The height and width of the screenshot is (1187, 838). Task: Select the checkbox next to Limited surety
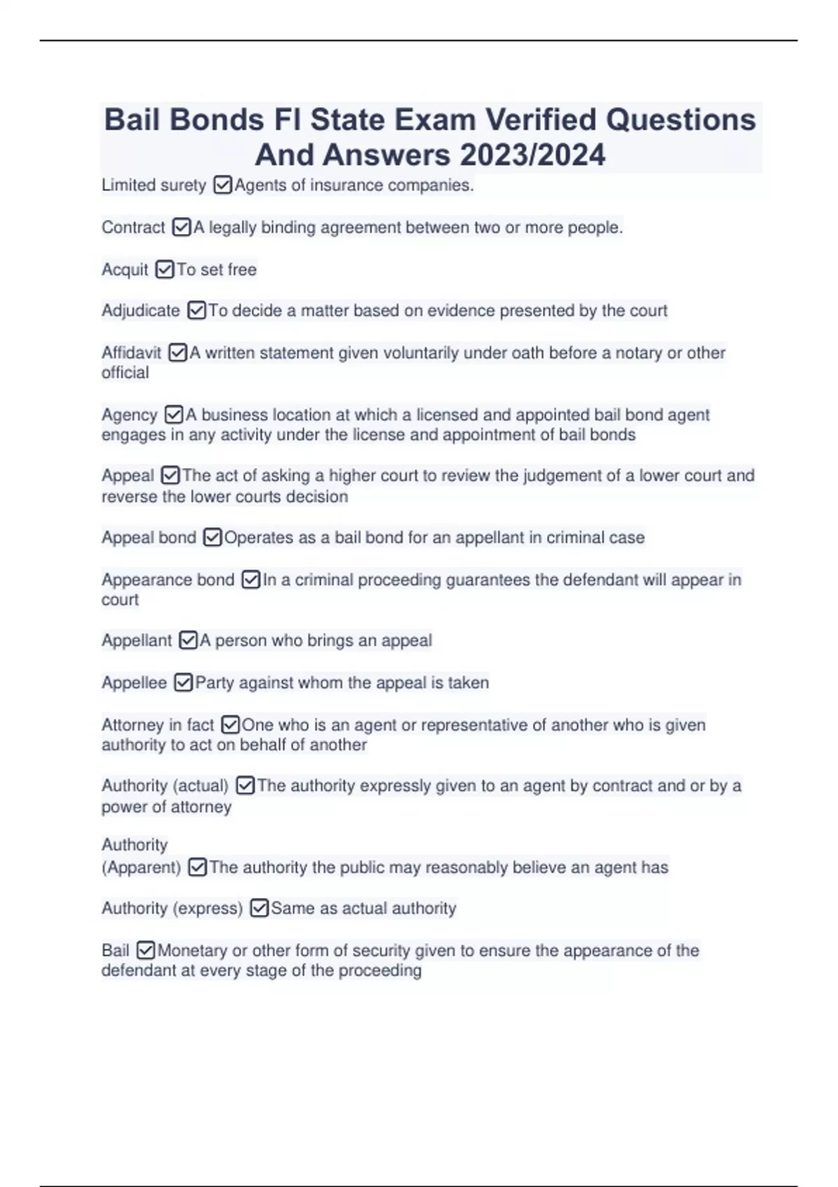222,186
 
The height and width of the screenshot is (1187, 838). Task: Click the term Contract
133,228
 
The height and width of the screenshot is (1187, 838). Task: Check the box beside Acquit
165,270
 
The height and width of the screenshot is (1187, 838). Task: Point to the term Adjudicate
140,311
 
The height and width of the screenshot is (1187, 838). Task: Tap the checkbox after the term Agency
173,415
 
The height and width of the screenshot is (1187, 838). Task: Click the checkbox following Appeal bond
212,538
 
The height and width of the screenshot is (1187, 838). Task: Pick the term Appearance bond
168,580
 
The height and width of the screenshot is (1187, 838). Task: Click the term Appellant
136,640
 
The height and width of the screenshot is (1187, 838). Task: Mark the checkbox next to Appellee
183,682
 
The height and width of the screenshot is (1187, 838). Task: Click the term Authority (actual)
165,786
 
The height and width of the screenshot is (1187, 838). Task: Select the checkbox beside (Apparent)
198,867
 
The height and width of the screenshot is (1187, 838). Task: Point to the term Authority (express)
172,908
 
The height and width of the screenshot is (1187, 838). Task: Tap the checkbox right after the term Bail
145,950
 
